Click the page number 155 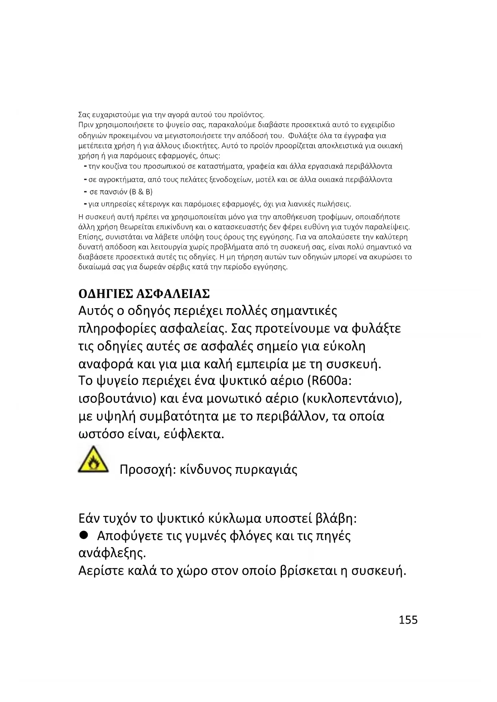(408, 620)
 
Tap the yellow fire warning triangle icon (93, 460)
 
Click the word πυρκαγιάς (266, 469)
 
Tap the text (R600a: (329, 380)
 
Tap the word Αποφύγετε (130, 536)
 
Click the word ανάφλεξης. (112, 554)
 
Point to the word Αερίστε (103, 571)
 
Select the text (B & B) (141, 192)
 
